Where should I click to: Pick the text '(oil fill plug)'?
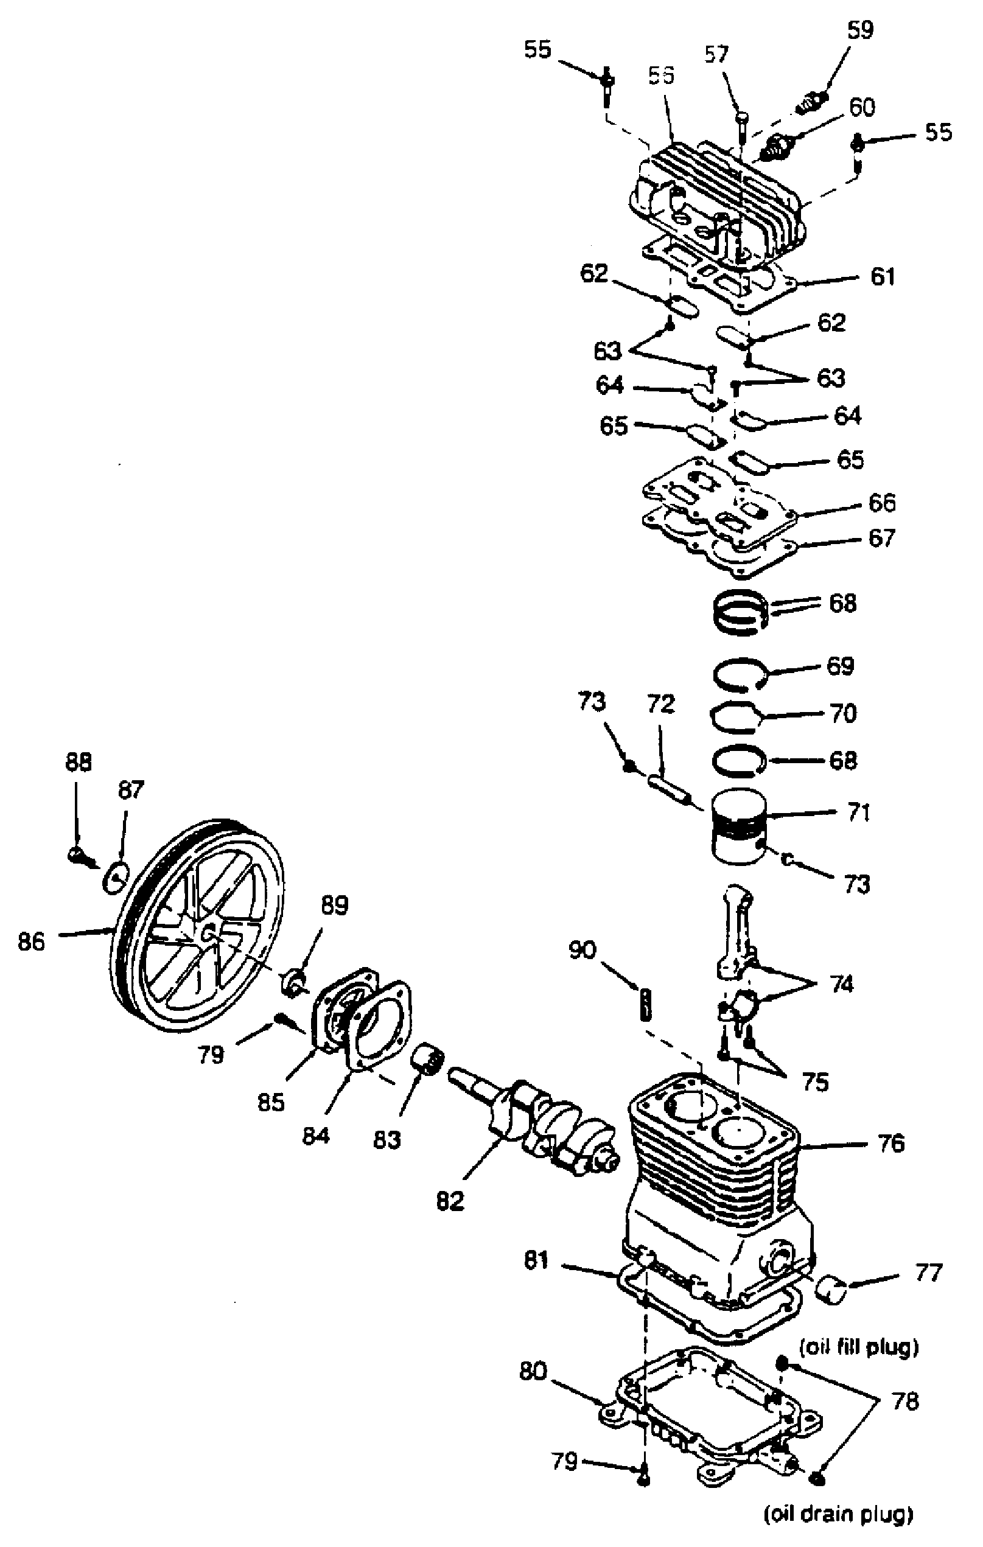pyautogui.click(x=858, y=1347)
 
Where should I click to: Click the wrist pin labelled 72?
pyautogui.click(x=668, y=789)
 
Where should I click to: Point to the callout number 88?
pyautogui.click(x=79, y=762)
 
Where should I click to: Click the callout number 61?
pyautogui.click(x=882, y=276)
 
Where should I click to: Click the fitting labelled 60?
pyautogui.click(x=778, y=147)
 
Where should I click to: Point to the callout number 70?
pyautogui.click(x=844, y=713)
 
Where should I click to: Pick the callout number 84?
pyautogui.click(x=315, y=1135)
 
